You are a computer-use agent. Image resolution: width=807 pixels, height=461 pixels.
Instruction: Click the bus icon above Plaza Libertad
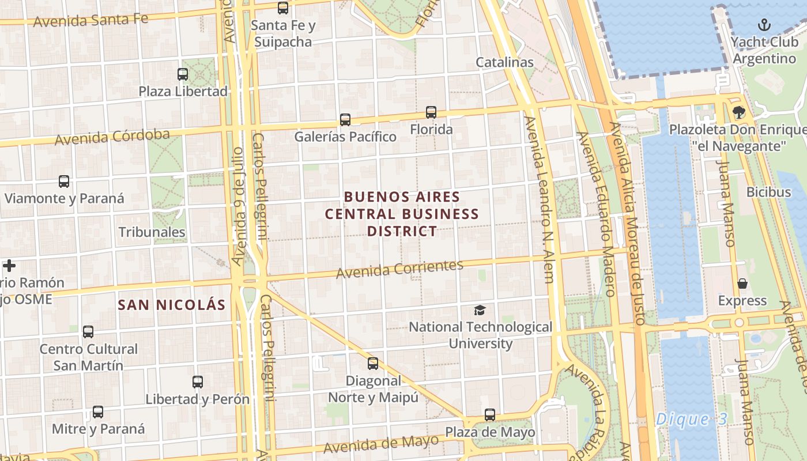[183, 74]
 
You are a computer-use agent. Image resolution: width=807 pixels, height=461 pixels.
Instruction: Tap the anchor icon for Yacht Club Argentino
[764, 25]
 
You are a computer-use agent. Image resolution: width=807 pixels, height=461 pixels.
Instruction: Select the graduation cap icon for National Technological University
[480, 311]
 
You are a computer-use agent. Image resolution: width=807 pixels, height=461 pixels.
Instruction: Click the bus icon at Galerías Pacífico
[345, 120]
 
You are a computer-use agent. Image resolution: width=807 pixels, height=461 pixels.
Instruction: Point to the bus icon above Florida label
[431, 112]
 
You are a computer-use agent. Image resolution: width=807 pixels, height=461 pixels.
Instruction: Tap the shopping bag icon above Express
[742, 284]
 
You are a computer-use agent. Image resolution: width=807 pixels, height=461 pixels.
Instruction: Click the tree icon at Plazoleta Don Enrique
[738, 112]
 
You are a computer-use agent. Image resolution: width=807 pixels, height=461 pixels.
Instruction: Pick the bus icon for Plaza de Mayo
[490, 415]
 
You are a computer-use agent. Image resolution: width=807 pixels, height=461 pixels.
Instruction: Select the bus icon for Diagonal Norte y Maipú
[373, 364]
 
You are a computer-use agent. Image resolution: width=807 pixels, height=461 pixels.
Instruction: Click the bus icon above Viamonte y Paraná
[64, 182]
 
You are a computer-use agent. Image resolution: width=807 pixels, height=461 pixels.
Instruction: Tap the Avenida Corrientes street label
[399, 269]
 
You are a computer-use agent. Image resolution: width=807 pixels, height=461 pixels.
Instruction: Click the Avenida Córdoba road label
[112, 137]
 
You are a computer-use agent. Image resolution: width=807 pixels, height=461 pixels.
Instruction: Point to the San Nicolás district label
[172, 305]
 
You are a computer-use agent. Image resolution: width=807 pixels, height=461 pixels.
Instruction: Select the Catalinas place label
[505, 62]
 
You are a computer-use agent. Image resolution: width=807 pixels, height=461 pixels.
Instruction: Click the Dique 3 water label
[692, 419]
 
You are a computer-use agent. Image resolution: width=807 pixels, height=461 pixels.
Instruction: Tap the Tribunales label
[152, 232]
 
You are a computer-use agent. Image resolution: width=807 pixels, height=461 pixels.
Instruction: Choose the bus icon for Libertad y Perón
[198, 382]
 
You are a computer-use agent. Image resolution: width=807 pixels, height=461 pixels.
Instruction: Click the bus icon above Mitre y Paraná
[98, 412]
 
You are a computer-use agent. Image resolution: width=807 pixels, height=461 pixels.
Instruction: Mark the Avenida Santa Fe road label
[90, 20]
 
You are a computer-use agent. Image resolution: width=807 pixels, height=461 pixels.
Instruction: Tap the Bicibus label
[769, 192]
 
